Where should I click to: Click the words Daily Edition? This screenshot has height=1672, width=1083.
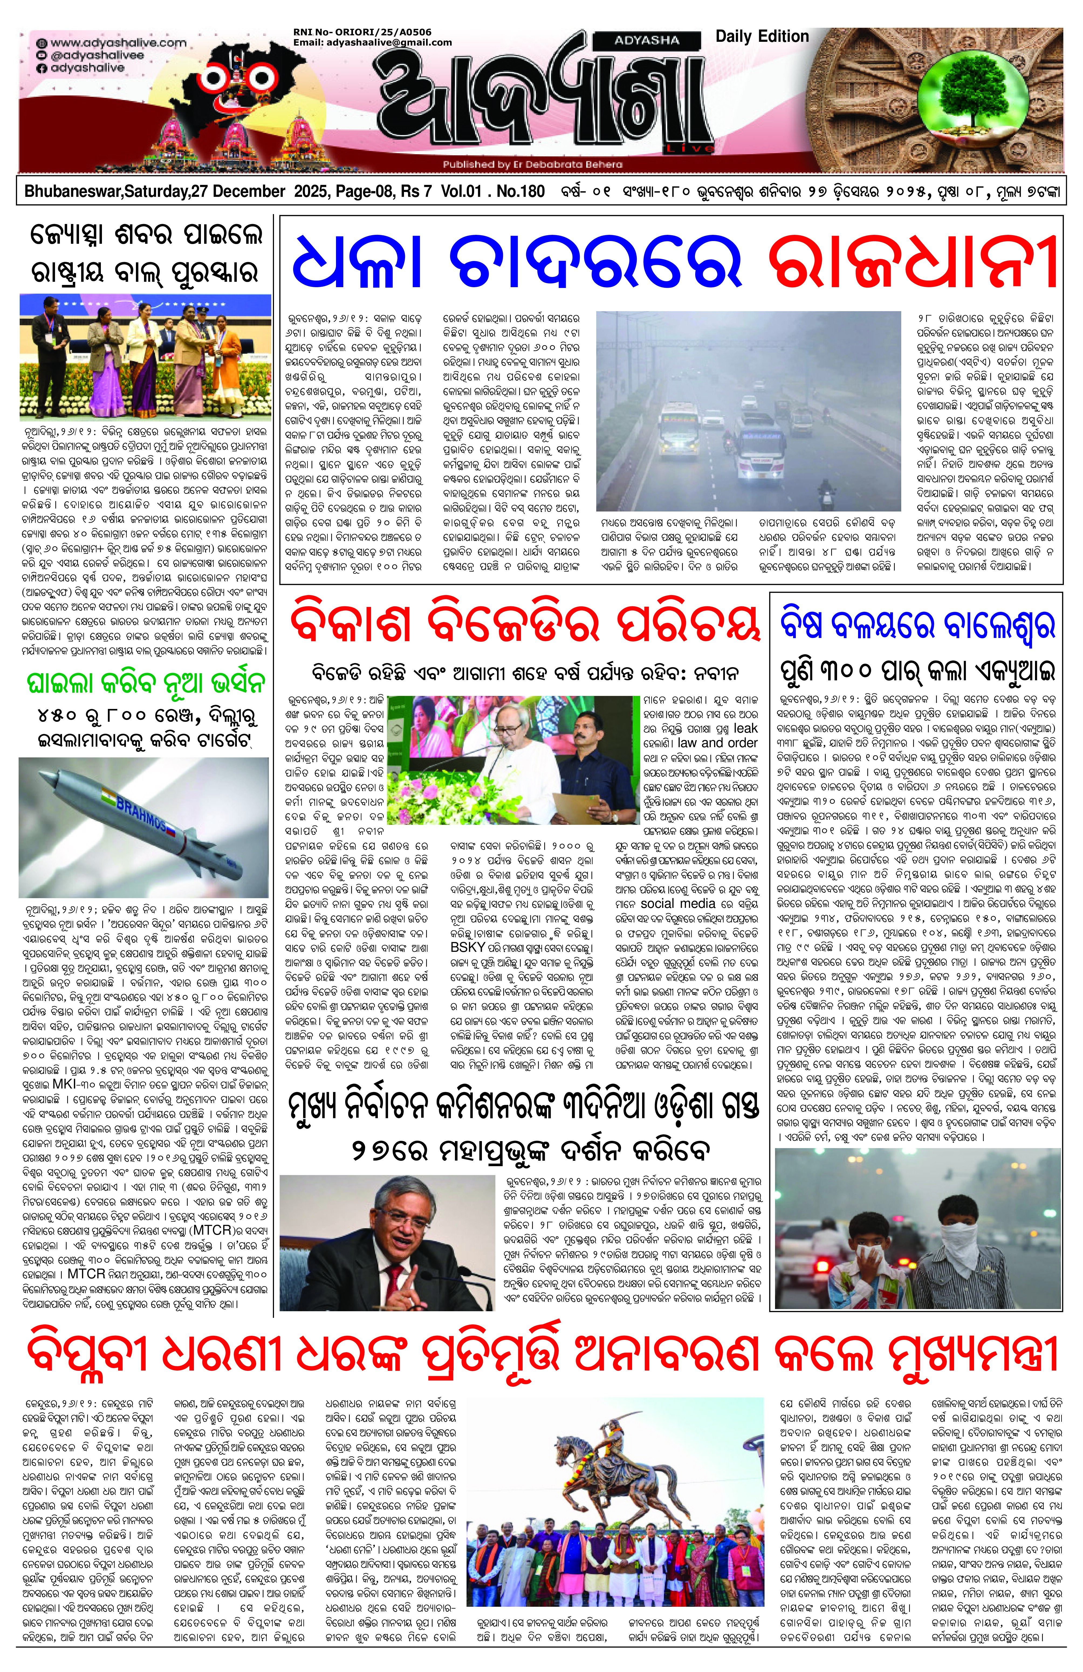point(762,36)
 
